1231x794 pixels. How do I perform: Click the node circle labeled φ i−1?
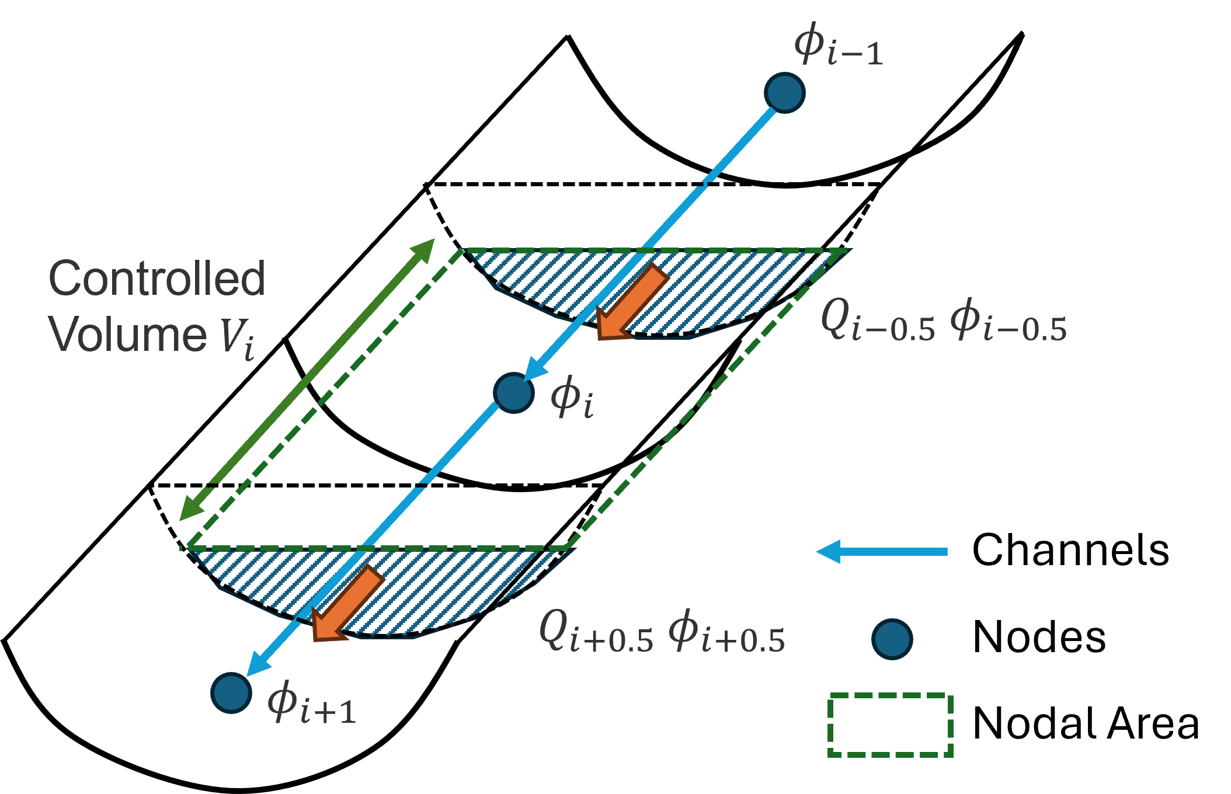point(784,93)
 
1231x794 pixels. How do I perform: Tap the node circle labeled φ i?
point(513,392)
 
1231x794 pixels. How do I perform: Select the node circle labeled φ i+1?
point(231,693)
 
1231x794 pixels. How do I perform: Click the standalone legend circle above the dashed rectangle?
point(892,639)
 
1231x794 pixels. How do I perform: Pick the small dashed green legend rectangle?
point(890,725)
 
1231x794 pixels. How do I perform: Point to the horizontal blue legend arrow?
point(882,552)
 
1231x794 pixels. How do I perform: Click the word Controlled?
point(157,278)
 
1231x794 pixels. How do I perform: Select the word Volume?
point(127,335)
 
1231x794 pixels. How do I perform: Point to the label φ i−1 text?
point(838,45)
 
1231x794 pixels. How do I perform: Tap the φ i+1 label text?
point(311,704)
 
